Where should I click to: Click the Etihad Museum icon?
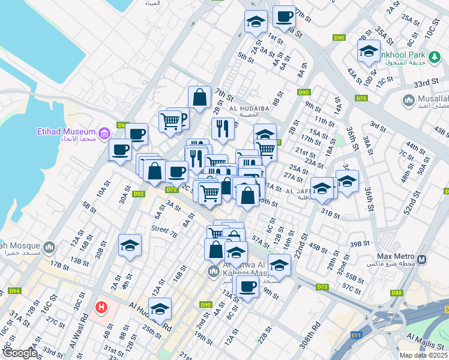click(104, 132)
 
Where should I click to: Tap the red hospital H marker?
click(101, 307)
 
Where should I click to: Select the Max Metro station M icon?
click(422, 260)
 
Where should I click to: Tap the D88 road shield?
click(396, 293)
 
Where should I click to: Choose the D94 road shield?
click(14, 291)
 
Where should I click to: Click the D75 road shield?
click(361, 98)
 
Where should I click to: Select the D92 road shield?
click(139, 194)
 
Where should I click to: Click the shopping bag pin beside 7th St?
click(199, 97)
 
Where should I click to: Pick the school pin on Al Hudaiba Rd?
click(160, 308)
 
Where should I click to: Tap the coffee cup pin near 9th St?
click(247, 286)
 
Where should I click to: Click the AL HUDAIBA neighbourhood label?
click(244, 108)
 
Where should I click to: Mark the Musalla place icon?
click(409, 99)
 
